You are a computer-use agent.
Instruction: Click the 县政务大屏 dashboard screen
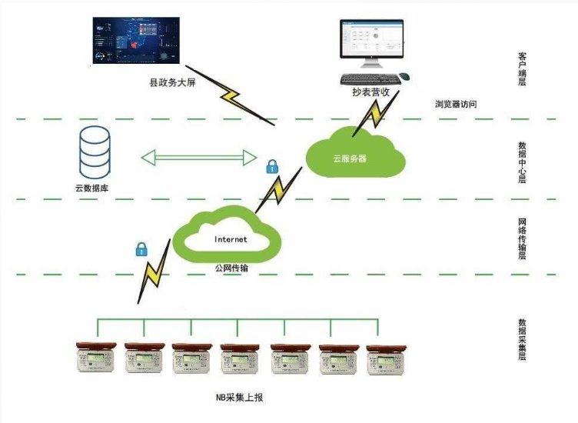tap(134, 42)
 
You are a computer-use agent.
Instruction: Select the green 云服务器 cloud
tap(354, 155)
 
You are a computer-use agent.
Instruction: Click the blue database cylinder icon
tap(95, 151)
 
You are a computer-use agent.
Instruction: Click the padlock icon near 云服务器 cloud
tap(271, 165)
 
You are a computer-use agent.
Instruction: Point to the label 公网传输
tap(231, 267)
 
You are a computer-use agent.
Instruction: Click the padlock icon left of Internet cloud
tap(141, 248)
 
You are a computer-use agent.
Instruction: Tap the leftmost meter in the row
tap(96, 358)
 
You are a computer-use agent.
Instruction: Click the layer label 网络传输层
tap(523, 239)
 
